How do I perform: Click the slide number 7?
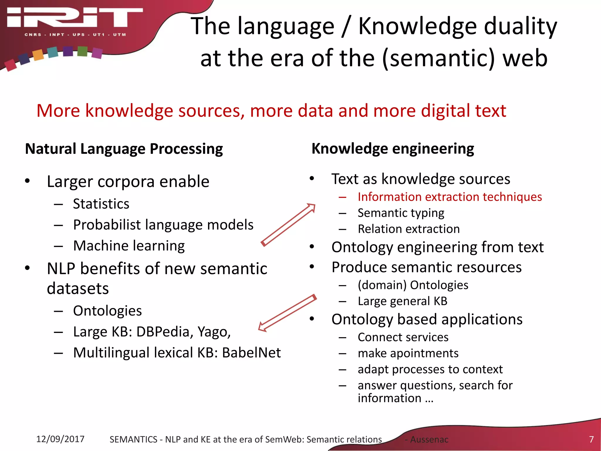pyautogui.click(x=591, y=439)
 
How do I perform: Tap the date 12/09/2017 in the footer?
pyautogui.click(x=60, y=439)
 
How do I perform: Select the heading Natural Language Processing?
pyautogui.click(x=124, y=149)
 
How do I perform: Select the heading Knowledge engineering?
pyautogui.click(x=392, y=149)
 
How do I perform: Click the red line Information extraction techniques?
pyautogui.click(x=450, y=197)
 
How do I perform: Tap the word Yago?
pyautogui.click(x=214, y=332)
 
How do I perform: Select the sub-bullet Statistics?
pyautogui.click(x=101, y=204)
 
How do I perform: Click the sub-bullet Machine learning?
pyautogui.click(x=129, y=246)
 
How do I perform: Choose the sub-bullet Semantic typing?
pyautogui.click(x=401, y=213)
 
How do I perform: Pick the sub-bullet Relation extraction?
pyautogui.click(x=408, y=229)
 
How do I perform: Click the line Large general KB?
pyautogui.click(x=402, y=301)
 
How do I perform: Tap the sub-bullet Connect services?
pyautogui.click(x=403, y=337)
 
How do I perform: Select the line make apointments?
pyautogui.click(x=408, y=353)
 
